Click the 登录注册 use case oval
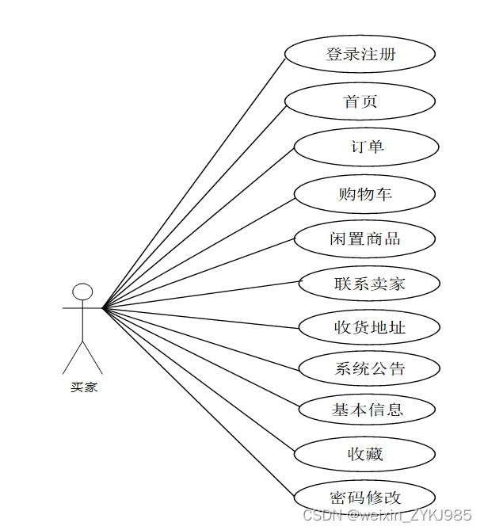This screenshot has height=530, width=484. coord(360,55)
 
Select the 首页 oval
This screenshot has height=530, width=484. coord(360,101)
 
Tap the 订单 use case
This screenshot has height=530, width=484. coord(366,147)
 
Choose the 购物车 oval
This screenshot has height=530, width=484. coord(364,194)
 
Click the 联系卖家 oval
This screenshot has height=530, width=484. coord(368,284)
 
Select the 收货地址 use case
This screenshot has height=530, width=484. coord(368,327)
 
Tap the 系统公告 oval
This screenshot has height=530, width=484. coord(368,368)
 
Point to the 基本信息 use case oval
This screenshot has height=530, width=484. coord(367,410)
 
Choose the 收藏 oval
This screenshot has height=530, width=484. coord(364,454)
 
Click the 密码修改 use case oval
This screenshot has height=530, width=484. coord(364,498)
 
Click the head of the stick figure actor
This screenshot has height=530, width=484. coord(82,292)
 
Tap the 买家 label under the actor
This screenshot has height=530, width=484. coord(83,388)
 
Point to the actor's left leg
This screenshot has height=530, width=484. coord(73,357)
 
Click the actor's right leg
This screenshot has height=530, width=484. coord(93,357)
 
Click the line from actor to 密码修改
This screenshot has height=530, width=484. coord(198,402)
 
